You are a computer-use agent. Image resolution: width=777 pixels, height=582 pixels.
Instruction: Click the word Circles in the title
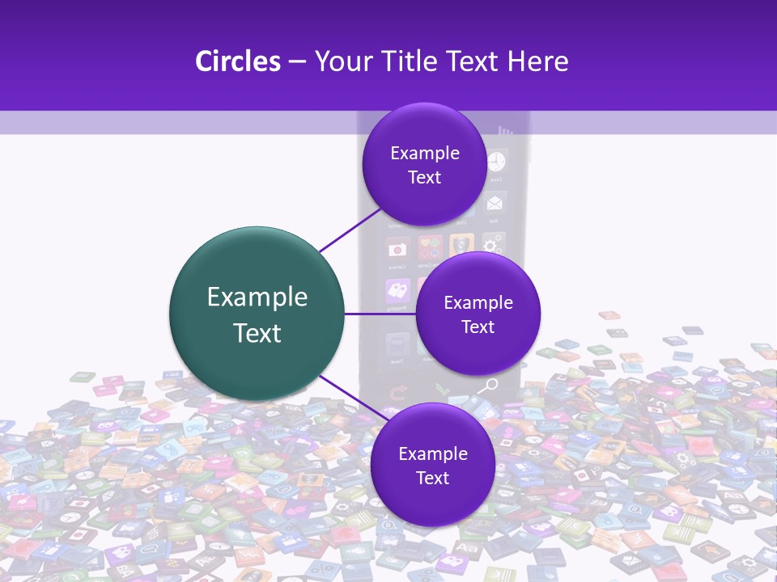237,61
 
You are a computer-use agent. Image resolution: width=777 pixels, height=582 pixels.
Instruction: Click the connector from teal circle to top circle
350,230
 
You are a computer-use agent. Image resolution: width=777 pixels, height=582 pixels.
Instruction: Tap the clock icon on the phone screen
496,161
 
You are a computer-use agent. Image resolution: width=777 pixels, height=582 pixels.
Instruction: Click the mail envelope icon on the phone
495,201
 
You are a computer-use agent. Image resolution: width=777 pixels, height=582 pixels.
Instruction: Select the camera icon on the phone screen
396,248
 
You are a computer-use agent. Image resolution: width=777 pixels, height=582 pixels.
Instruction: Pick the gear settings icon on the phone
492,244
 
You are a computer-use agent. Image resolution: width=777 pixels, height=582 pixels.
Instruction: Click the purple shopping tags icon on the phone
397,290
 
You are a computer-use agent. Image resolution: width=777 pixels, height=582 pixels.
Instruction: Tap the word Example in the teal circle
257,297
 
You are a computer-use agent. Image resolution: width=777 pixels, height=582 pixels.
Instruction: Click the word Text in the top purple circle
424,178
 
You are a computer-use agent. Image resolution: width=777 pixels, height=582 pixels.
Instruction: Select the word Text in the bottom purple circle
432,479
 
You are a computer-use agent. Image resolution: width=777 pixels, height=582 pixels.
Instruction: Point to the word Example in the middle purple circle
478,303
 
